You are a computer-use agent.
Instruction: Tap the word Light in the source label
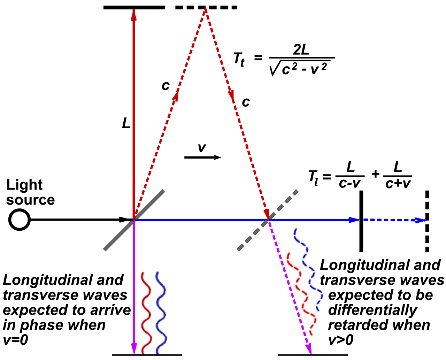coord(24,185)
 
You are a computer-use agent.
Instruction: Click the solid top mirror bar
coord(134,7)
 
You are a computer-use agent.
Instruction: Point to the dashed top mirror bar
coord(206,7)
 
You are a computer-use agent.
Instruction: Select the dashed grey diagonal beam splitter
coord(268,220)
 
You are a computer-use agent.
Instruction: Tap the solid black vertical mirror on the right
coord(361,221)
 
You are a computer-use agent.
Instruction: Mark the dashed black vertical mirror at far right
coord(427,221)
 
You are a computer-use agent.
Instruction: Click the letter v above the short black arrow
coord(201,148)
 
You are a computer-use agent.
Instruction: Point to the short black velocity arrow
coord(202,158)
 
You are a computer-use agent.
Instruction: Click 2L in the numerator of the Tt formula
coord(301,50)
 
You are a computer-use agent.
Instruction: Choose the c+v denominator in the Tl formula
coord(398,183)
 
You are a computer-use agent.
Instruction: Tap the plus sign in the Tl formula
coord(375,174)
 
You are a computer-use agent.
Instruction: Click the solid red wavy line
coord(146,312)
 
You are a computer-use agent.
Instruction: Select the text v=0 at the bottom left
coord(16,340)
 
